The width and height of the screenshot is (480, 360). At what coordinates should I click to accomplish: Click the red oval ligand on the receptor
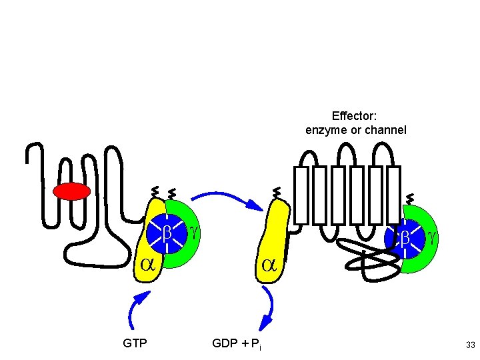pos(71,191)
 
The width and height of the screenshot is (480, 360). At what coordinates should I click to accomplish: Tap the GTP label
pos(135,344)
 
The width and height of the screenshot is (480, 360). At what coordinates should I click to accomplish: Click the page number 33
pos(471,345)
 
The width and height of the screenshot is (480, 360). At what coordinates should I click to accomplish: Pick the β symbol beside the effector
pos(405,237)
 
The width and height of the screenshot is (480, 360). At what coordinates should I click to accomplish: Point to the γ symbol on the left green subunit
pos(193,230)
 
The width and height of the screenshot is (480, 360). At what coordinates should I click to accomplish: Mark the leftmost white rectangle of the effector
pos(301,195)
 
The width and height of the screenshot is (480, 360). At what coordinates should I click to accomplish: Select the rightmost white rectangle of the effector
pos(393,195)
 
